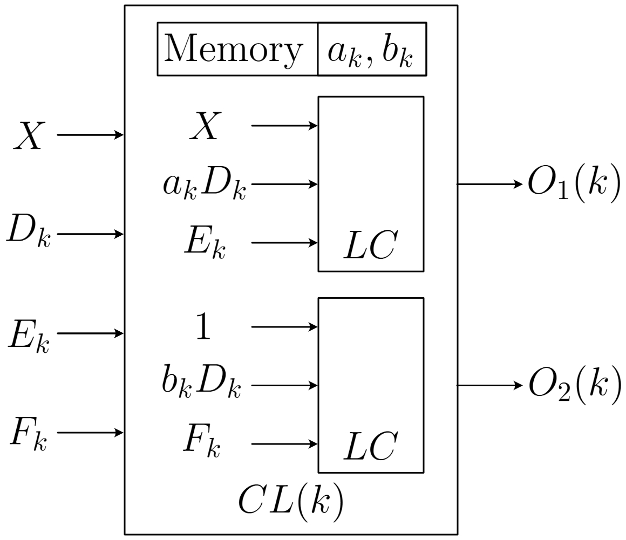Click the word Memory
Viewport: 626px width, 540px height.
click(233, 49)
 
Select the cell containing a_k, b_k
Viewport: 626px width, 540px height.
click(372, 50)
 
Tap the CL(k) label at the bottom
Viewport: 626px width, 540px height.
click(291, 502)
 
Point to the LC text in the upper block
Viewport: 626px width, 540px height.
click(370, 246)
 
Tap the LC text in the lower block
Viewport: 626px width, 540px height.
click(370, 447)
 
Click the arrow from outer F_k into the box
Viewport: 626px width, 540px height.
click(91, 432)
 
